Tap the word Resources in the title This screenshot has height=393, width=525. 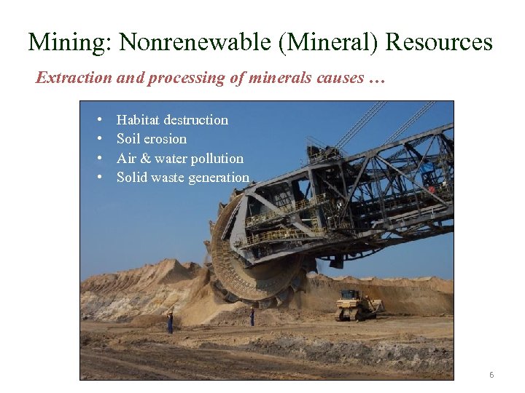pos(439,42)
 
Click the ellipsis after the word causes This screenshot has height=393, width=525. pos(376,79)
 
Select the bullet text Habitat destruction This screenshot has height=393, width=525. pos(172,120)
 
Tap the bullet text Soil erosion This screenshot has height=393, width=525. pos(152,139)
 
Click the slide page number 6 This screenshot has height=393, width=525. pos(491,375)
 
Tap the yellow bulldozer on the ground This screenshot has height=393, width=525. pos(357,305)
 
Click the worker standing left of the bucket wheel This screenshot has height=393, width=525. pos(171,322)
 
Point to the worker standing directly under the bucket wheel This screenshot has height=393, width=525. pos(252,317)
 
